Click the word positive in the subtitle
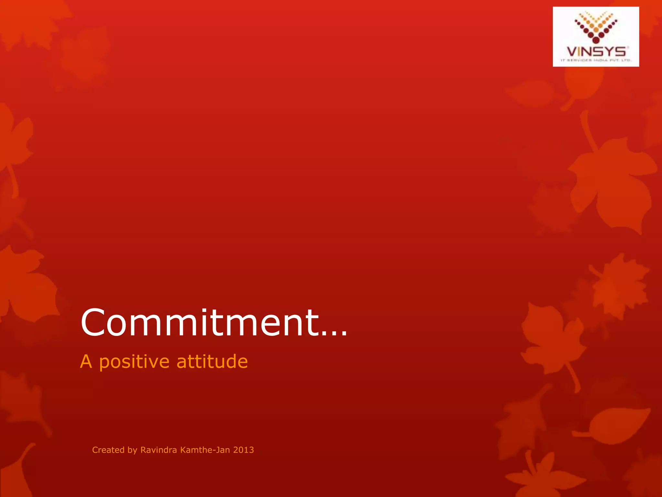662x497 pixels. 134,362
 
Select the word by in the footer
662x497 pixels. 133,450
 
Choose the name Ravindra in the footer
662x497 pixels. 159,450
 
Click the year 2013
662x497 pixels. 243,450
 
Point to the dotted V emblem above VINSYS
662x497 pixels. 596,27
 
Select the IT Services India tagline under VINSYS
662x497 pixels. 596,60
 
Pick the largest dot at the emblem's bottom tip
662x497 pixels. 596,39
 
